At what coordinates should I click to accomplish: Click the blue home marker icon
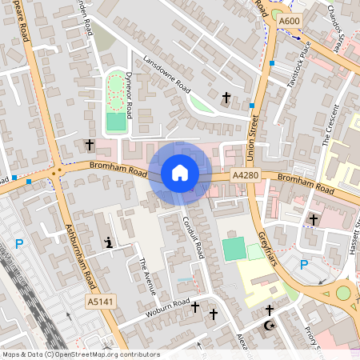pyautogui.click(x=179, y=173)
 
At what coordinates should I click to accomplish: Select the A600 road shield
pyautogui.click(x=290, y=21)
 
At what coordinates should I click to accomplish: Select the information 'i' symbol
pyautogui.click(x=109, y=242)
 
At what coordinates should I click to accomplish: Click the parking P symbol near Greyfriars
pyautogui.click(x=304, y=265)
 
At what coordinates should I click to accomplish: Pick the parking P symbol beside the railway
pyautogui.click(x=19, y=243)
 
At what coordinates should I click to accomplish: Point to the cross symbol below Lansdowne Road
pyautogui.click(x=226, y=98)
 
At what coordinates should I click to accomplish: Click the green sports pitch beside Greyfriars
pyautogui.click(x=233, y=248)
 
